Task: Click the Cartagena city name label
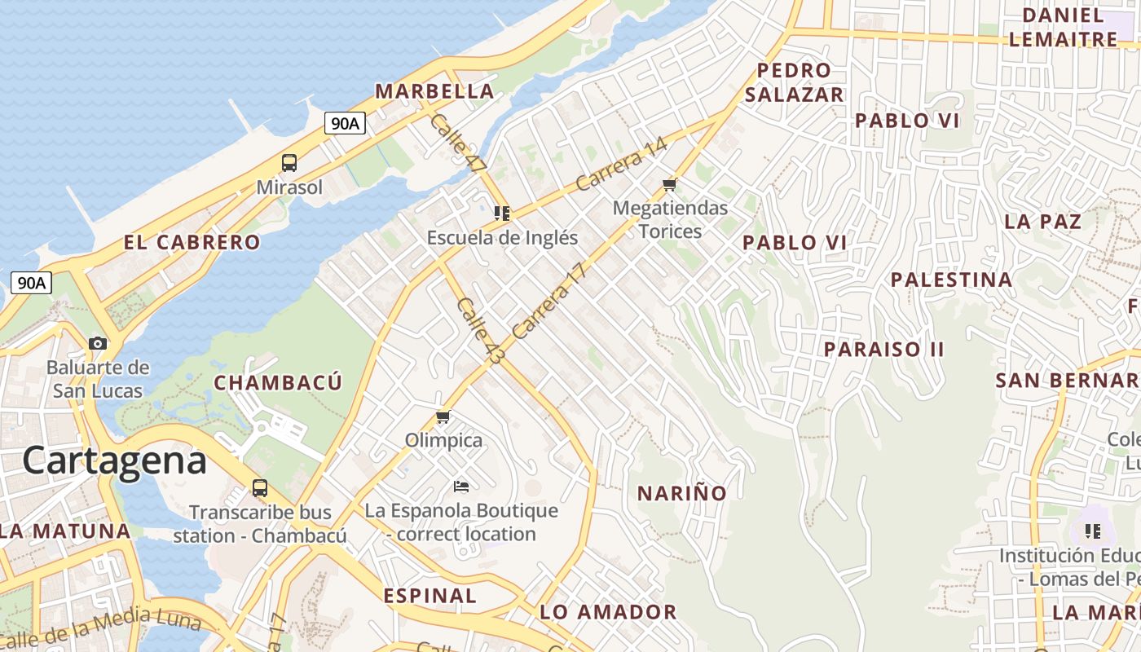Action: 114,460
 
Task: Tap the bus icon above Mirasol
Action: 289,162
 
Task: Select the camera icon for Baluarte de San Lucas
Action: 98,343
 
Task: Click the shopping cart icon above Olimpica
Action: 443,416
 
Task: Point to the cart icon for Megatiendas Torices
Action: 670,184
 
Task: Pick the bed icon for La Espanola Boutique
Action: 460,487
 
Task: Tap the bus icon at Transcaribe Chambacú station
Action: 259,488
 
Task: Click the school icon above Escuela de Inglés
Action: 502,214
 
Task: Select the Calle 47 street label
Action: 456,143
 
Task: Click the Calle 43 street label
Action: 481,330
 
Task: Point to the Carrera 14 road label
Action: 621,164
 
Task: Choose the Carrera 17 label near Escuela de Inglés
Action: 550,301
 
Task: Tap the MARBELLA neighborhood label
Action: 434,91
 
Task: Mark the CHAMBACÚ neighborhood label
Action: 278,382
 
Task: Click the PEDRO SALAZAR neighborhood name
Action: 794,82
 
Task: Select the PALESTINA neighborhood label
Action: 951,280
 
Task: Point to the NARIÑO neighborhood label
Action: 681,493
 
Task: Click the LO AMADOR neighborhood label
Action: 608,612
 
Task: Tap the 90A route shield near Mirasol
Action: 345,123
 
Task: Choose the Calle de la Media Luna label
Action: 102,631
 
